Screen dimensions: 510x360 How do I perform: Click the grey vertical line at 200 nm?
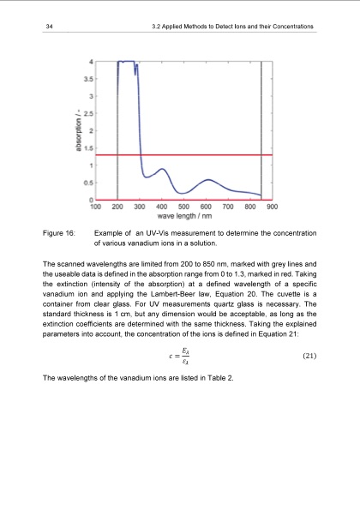point(117,129)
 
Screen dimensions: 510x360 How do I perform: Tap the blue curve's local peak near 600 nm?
point(207,180)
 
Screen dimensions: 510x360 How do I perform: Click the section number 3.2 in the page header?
point(154,29)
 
